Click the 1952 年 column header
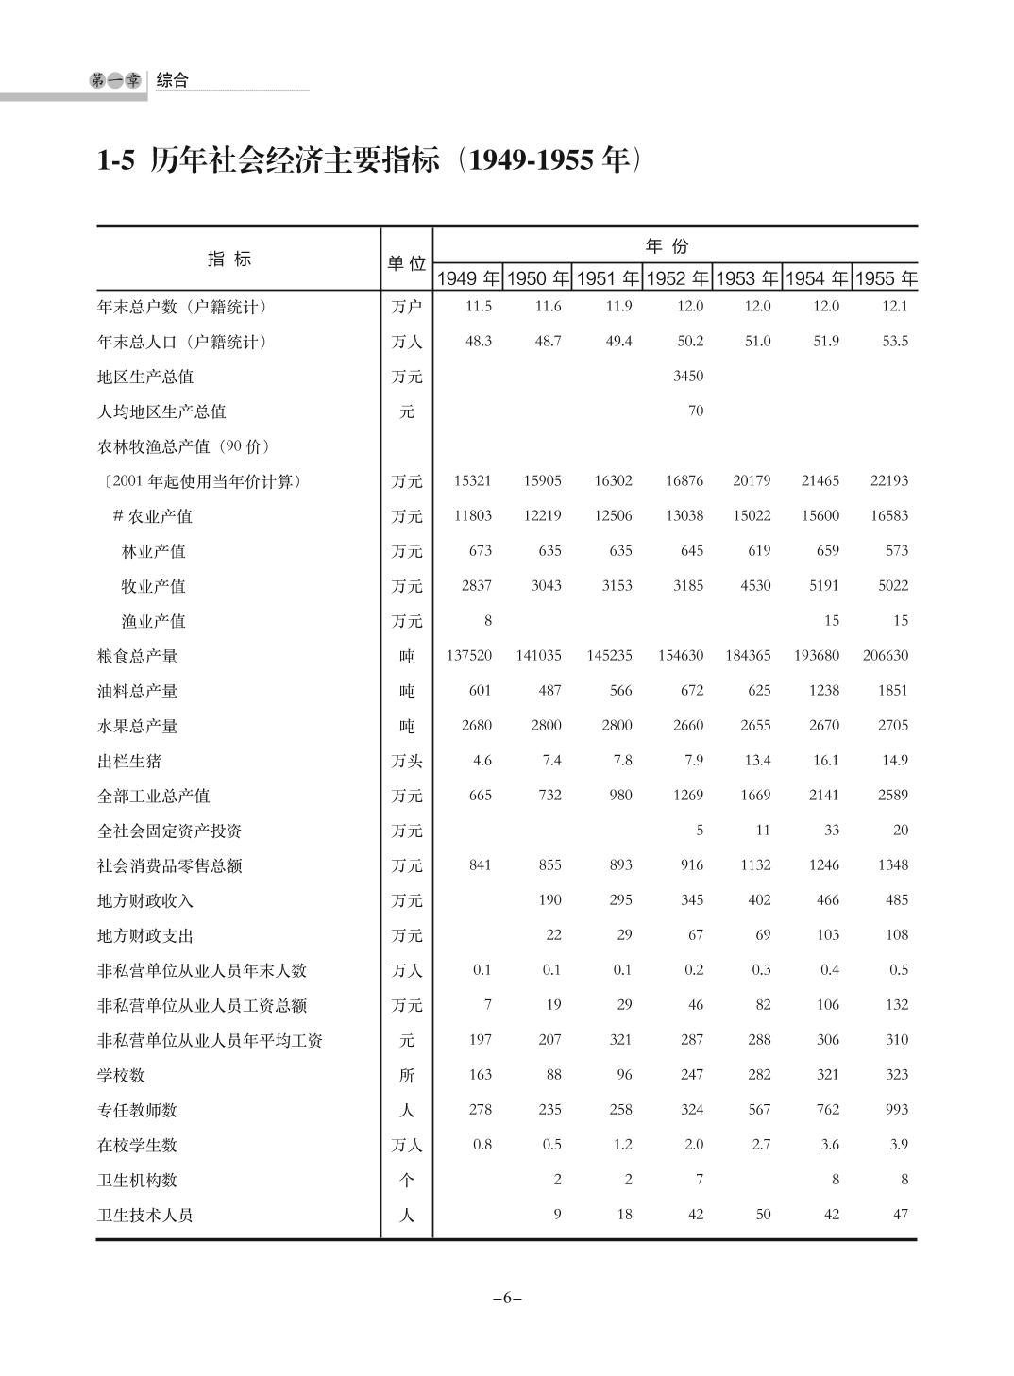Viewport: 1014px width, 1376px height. pyautogui.click(x=677, y=278)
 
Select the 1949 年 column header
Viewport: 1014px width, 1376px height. pyautogui.click(x=467, y=278)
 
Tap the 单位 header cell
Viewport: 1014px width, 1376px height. pyautogui.click(x=407, y=263)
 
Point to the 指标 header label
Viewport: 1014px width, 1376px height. pyautogui.click(x=229, y=260)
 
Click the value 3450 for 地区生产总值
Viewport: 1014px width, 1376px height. pyautogui.click(x=688, y=376)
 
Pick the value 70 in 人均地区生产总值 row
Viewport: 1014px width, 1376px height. pyautogui.click(x=696, y=411)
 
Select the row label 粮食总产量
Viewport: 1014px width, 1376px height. pyautogui.click(x=138, y=656)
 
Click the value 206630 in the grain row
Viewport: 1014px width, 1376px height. pyautogui.click(x=885, y=655)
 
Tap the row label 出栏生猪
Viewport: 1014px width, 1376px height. pyautogui.click(x=129, y=761)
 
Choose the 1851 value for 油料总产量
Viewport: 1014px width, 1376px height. pyautogui.click(x=892, y=690)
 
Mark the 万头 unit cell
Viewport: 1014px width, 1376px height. pyautogui.click(x=407, y=761)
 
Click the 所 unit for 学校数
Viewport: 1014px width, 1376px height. pyautogui.click(x=407, y=1075)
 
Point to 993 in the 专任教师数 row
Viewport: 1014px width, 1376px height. pyautogui.click(x=896, y=1109)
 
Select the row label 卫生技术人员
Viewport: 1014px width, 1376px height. pyautogui.click(x=145, y=1216)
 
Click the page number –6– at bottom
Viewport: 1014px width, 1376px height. pyautogui.click(x=507, y=1298)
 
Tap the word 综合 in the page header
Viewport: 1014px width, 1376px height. pyautogui.click(x=173, y=80)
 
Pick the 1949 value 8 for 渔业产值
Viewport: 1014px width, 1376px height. pyautogui.click(x=487, y=620)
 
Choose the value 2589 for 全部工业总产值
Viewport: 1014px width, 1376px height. pyautogui.click(x=892, y=795)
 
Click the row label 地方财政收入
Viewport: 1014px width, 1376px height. pyautogui.click(x=145, y=900)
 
